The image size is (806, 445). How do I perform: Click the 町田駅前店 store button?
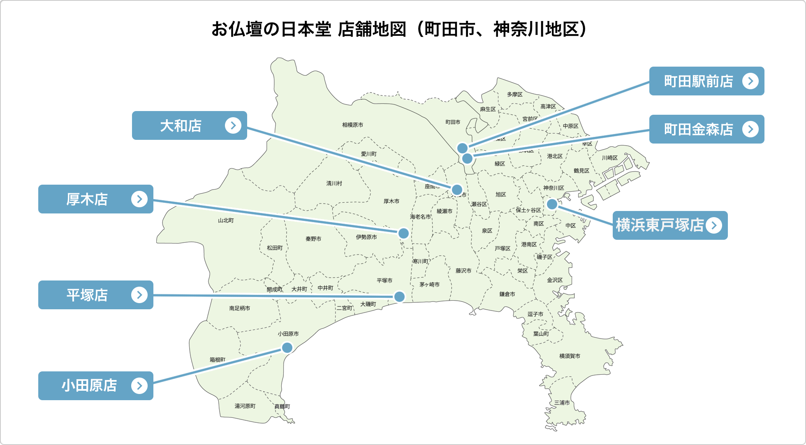(706, 81)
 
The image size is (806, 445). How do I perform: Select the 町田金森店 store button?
(706, 129)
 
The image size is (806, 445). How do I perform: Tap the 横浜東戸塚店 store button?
(669, 225)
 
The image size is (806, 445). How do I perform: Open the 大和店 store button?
(189, 125)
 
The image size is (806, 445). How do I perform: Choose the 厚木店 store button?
(95, 199)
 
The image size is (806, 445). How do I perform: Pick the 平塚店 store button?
(95, 295)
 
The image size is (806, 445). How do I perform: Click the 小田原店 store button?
(95, 386)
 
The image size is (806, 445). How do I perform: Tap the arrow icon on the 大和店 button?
(233, 125)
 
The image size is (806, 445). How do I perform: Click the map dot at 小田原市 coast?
(287, 348)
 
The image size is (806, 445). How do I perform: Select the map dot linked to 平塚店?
(399, 297)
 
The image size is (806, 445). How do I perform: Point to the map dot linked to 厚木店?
(403, 233)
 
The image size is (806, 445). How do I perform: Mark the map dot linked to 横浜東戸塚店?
(552, 204)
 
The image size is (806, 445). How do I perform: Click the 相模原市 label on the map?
(352, 125)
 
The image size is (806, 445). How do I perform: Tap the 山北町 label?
(226, 220)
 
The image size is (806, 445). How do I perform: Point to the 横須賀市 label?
(570, 356)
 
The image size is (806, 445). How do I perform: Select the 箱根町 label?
(218, 360)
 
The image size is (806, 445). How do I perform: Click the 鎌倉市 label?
(507, 294)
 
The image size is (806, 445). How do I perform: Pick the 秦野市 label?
(313, 239)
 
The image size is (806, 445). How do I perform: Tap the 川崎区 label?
(609, 158)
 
